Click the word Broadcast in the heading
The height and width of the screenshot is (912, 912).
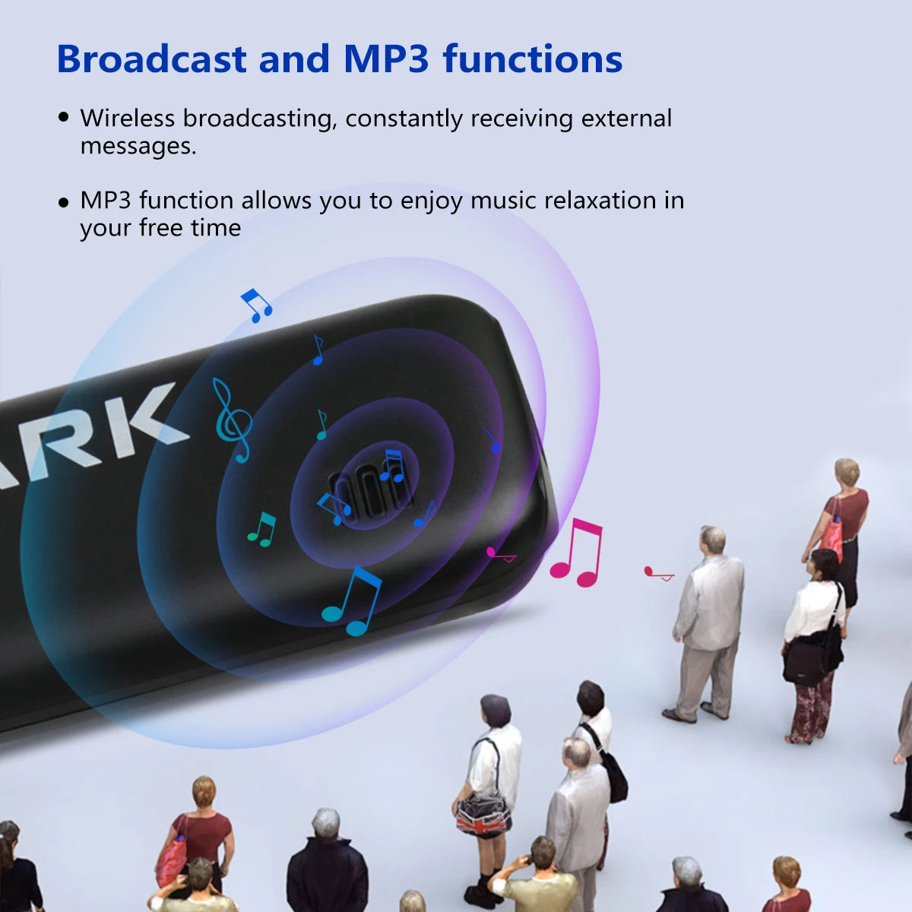tap(151, 59)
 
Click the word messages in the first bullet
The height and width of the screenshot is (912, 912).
tap(138, 146)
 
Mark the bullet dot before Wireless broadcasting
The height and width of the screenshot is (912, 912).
tap(64, 118)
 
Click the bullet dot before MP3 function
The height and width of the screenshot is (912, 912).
tap(64, 202)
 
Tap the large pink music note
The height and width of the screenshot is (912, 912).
tap(578, 553)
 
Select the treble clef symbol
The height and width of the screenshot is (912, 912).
tap(231, 420)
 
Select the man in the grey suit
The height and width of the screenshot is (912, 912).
tap(707, 623)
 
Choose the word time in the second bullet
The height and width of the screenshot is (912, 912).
tap(217, 228)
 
